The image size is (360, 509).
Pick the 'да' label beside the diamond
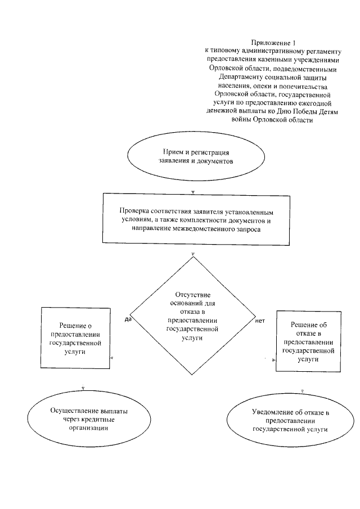coord(128,319)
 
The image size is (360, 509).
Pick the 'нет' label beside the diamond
coord(260,319)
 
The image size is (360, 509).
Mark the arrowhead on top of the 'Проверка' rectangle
coord(193,191)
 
